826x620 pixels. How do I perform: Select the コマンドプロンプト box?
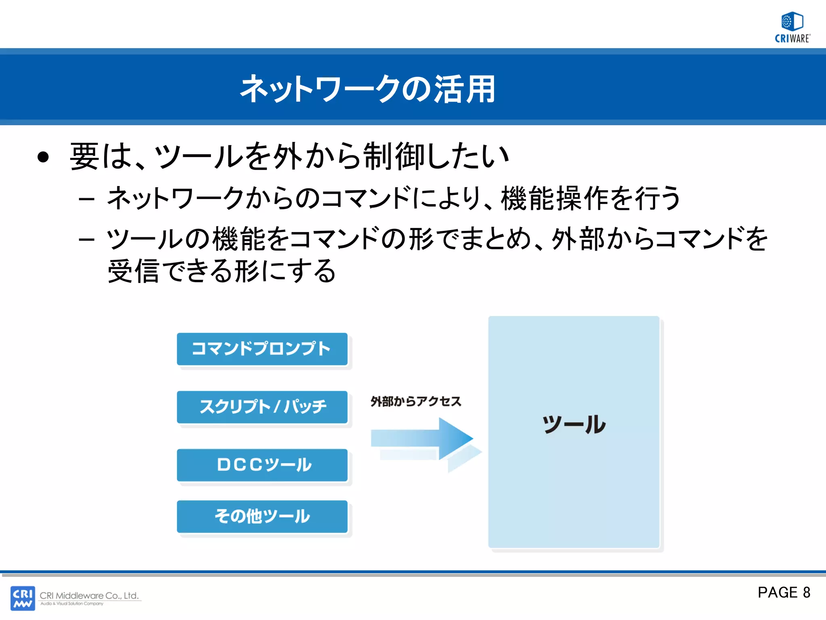[262, 349]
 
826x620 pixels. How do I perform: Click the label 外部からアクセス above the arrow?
[416, 401]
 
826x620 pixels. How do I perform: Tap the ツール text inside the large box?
[574, 425]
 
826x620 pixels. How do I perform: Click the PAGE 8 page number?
[784, 592]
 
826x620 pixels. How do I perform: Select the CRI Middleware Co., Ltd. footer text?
[89, 595]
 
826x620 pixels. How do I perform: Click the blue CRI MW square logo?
[23, 598]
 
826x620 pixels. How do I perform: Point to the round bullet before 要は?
[43, 157]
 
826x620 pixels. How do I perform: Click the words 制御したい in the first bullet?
[436, 157]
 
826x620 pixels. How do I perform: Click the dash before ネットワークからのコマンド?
[87, 199]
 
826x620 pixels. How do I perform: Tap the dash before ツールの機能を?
[87, 240]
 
